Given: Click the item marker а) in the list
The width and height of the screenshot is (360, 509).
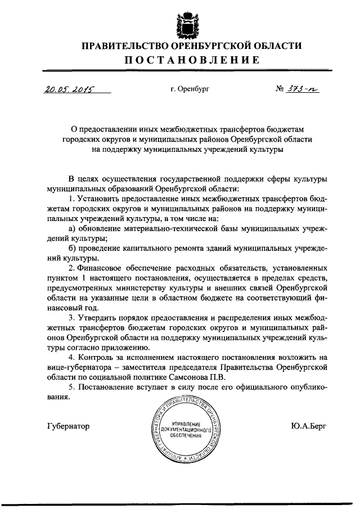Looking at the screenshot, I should pyautogui.click(x=72, y=228).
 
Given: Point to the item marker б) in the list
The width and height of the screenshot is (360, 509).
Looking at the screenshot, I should pyautogui.click(x=72, y=249).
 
